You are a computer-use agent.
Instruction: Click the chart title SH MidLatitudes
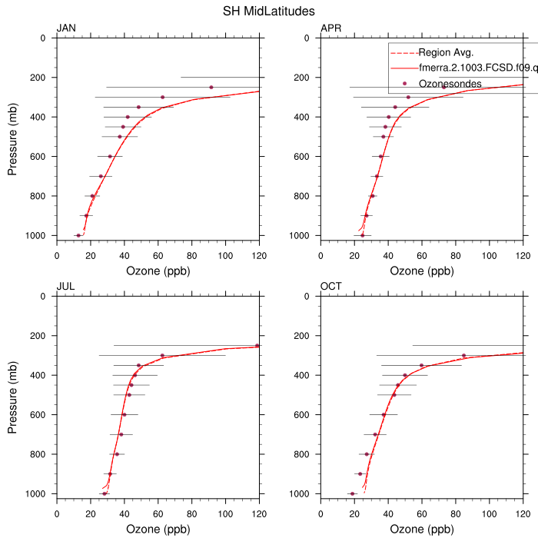click(269, 11)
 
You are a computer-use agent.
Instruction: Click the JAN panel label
click(66, 29)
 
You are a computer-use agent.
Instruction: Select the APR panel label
click(330, 29)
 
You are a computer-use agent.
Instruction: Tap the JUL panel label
click(65, 287)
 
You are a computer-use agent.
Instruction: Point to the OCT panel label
click(331, 287)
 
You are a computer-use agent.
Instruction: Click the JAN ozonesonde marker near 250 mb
click(211, 87)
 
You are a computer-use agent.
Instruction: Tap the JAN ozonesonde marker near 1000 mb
click(78, 235)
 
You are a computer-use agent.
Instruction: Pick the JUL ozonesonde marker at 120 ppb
click(257, 346)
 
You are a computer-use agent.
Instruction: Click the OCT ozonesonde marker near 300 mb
click(463, 355)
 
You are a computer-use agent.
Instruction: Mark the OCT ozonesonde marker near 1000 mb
click(353, 493)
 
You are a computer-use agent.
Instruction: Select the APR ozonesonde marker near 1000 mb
click(363, 234)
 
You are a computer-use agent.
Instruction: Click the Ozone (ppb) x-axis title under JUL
click(158, 530)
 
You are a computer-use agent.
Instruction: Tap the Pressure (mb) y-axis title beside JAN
click(12, 136)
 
